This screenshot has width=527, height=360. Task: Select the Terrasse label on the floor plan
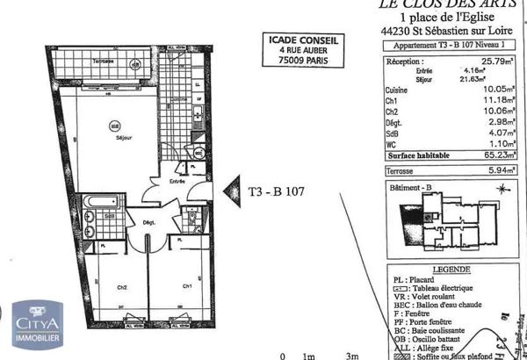point(105,62)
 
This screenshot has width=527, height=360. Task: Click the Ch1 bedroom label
point(187,287)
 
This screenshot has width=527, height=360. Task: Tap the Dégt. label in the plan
point(149,224)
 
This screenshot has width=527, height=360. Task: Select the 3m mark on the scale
point(352,355)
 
